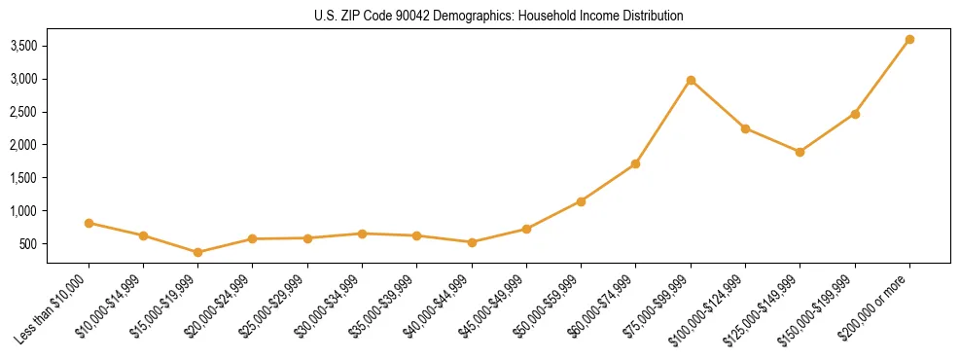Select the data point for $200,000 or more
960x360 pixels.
coord(909,40)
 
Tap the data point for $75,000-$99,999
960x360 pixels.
coord(691,80)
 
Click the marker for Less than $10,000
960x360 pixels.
coord(89,223)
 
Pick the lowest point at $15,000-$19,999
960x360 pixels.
coord(198,252)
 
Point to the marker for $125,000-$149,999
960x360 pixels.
coord(800,152)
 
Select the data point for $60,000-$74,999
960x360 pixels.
coord(636,163)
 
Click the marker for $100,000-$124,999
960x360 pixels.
coord(745,128)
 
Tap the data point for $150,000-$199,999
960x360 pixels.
coord(855,114)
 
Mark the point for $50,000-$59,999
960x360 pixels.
coord(581,201)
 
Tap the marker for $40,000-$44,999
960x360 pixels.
coord(472,242)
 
